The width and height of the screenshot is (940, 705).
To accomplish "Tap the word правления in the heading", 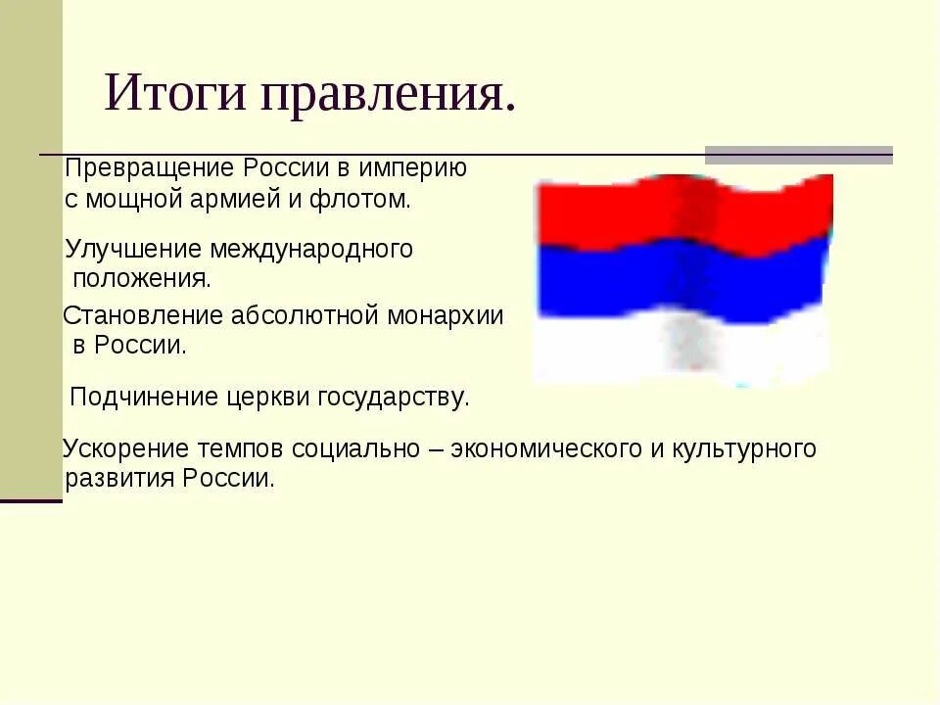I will [387, 96].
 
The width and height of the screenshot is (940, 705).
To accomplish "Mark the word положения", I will [142, 278].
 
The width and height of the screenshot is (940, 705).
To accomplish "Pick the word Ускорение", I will [125, 448].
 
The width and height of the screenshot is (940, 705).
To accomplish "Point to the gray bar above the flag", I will [799, 155].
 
